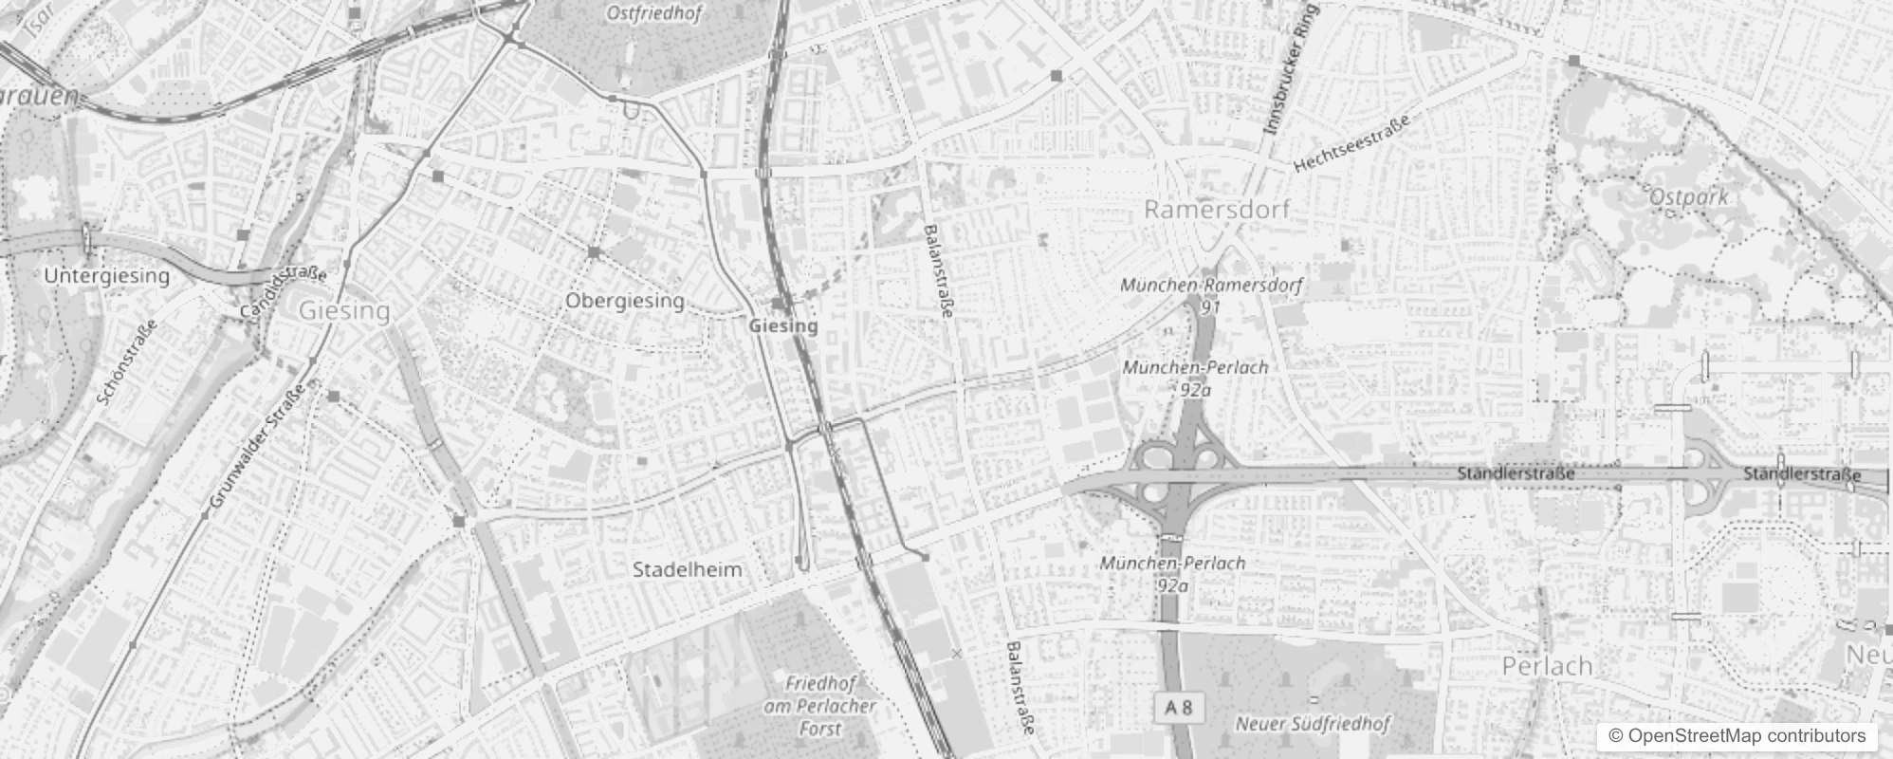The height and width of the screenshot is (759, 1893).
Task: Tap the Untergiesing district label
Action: [107, 276]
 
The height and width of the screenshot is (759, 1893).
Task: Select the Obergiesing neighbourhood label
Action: [625, 301]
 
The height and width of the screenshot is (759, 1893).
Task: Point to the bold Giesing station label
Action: [783, 325]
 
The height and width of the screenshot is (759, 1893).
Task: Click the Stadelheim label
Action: [688, 570]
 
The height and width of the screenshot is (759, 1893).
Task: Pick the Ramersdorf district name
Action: [1217, 210]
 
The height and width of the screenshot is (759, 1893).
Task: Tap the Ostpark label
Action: [1689, 196]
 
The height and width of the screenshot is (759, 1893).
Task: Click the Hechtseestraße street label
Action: [1352, 142]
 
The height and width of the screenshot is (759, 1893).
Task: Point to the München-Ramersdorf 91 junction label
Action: [1211, 294]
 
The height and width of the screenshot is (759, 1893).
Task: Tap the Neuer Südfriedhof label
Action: [1312, 724]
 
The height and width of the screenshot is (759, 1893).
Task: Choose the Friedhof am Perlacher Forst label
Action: [820, 706]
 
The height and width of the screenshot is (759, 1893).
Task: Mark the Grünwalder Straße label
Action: [257, 445]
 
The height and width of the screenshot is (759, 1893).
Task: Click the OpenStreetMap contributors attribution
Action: [1737, 736]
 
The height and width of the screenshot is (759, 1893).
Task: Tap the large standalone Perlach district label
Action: [1547, 666]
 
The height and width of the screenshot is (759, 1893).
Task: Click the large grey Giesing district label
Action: [344, 311]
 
